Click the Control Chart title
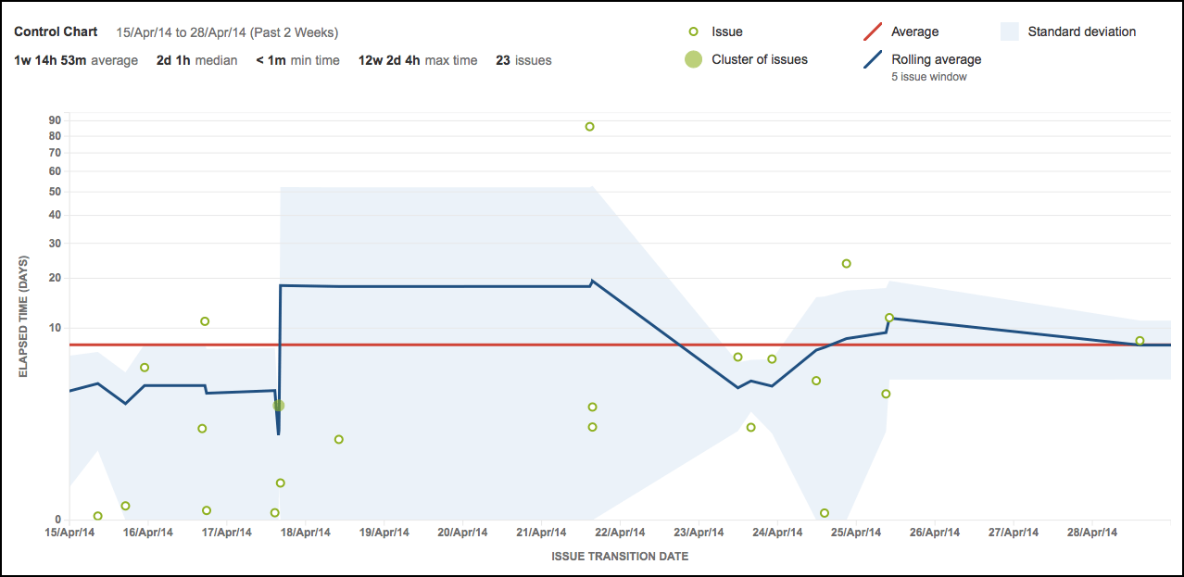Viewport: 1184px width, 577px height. click(x=56, y=31)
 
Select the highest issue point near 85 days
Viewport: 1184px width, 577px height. click(x=589, y=127)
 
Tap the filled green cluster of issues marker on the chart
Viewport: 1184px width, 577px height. click(x=278, y=406)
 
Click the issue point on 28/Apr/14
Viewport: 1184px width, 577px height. click(x=1140, y=341)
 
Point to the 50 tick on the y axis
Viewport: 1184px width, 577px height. click(x=55, y=193)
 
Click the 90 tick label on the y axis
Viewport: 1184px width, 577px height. click(x=55, y=119)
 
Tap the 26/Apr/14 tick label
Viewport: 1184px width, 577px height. click(x=935, y=533)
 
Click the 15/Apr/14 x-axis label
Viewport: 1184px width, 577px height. click(x=70, y=533)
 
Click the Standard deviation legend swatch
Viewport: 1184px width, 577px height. click(x=1011, y=31)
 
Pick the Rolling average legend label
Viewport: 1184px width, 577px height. click(x=936, y=59)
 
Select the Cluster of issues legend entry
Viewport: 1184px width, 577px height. click(x=759, y=59)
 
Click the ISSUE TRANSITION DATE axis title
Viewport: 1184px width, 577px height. click(x=620, y=557)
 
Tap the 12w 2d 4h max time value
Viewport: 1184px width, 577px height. click(x=389, y=60)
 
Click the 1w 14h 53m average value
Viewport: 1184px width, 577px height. click(x=51, y=60)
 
